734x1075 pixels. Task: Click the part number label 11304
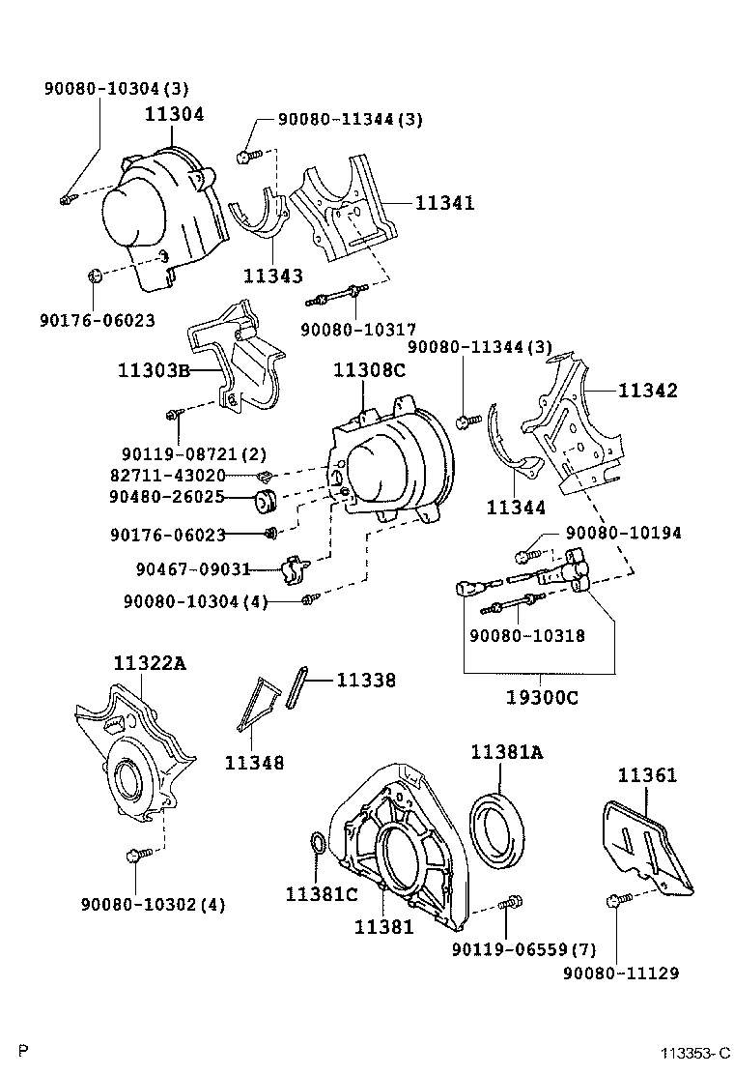pos(175,114)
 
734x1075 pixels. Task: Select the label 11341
pos(445,203)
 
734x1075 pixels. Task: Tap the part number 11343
pos(273,276)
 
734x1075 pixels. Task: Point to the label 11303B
pos(154,370)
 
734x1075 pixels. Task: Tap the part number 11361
pos(647,774)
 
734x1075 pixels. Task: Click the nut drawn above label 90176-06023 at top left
pos(95,277)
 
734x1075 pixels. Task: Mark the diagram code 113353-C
pos(694,1053)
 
